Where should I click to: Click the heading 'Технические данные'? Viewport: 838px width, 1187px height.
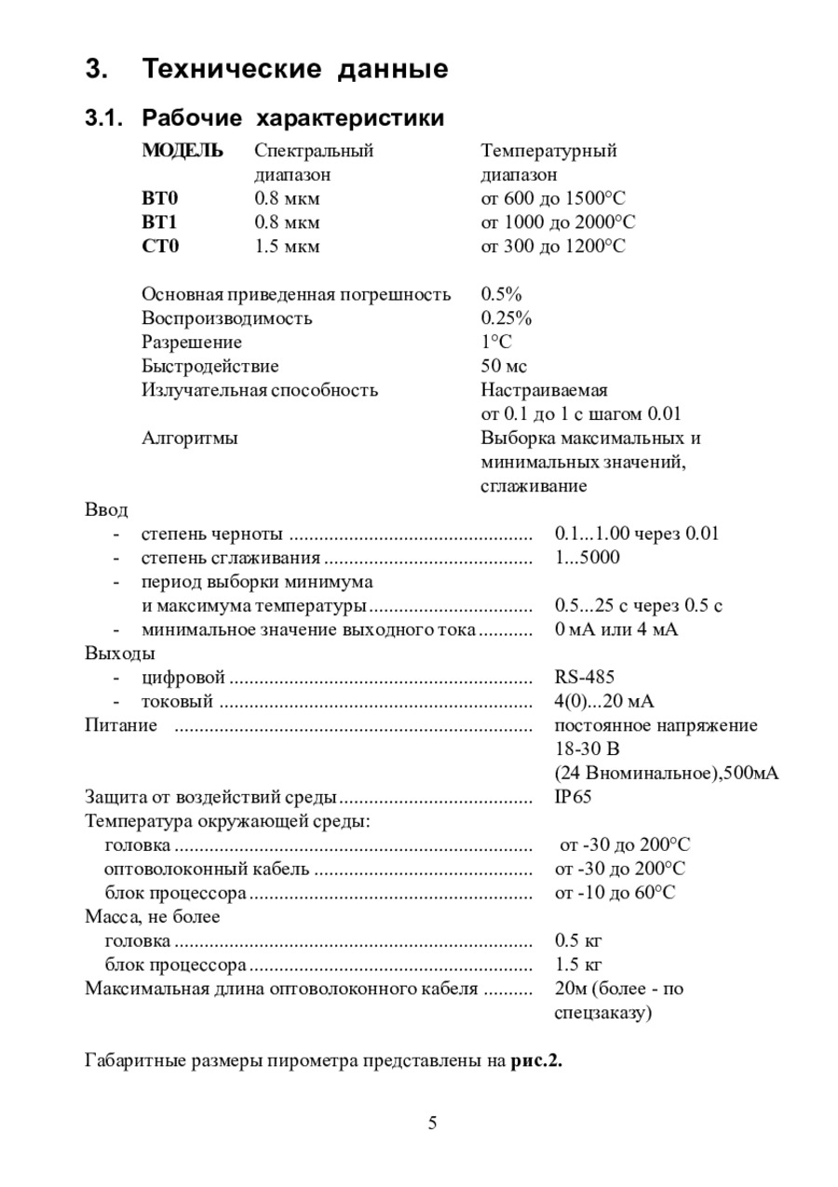point(295,69)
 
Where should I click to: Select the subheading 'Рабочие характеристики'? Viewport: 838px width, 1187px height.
point(292,118)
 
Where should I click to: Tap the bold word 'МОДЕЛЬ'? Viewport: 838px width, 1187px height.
point(182,151)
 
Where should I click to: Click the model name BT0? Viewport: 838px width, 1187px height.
point(159,198)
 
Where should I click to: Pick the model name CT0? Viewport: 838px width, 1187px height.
point(159,247)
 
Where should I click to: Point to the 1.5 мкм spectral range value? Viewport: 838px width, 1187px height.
point(287,247)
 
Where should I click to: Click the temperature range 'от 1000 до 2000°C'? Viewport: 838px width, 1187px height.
point(558,223)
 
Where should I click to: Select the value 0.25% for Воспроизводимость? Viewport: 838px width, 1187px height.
point(507,318)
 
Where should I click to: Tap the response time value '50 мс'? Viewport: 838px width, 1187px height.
point(504,366)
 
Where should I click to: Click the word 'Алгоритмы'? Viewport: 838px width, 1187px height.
point(190,438)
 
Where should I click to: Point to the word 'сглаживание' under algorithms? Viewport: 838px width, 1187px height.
point(534,486)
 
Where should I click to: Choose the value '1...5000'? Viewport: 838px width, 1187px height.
point(587,558)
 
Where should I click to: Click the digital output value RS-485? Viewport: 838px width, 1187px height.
point(584,677)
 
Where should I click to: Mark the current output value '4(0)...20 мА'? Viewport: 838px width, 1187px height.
point(604,701)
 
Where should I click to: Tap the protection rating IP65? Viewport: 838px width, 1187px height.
point(573,797)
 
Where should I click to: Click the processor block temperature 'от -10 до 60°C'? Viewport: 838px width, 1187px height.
point(615,893)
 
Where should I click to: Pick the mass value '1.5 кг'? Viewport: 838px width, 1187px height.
point(578,964)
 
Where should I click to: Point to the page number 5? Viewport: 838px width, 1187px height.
point(432,1123)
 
